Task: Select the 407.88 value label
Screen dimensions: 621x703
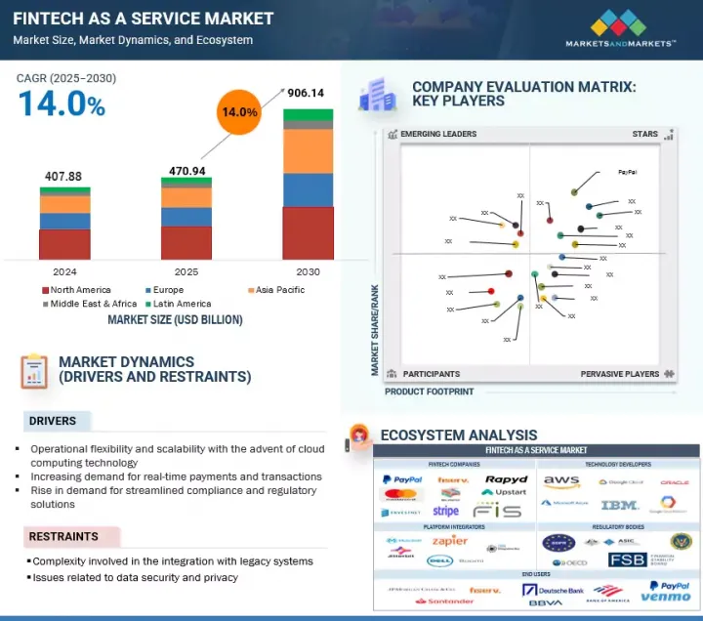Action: [x=64, y=176]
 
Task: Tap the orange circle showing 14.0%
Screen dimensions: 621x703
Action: [x=238, y=112]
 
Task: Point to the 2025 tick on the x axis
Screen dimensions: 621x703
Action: [x=186, y=271]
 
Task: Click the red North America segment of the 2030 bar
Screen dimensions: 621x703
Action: [x=308, y=232]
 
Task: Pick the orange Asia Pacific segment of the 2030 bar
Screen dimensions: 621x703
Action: [x=308, y=151]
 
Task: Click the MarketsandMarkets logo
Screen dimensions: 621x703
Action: [x=620, y=28]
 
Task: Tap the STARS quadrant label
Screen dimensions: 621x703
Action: [x=645, y=134]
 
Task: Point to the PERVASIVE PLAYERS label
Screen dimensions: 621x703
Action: [x=620, y=374]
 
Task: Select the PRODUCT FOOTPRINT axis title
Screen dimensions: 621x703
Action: [x=429, y=392]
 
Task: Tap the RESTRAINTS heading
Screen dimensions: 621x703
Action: [x=63, y=537]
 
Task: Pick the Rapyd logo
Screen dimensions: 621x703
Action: [x=506, y=479]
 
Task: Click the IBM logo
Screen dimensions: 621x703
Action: [x=619, y=505]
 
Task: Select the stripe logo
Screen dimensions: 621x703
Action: [x=446, y=511]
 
